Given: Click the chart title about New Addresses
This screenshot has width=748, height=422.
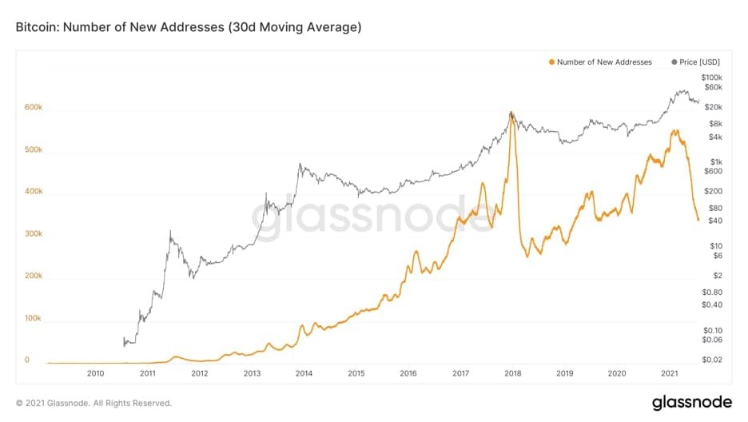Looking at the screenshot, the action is coord(189,27).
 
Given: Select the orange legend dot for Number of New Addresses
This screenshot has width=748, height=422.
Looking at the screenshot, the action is coord(552,62).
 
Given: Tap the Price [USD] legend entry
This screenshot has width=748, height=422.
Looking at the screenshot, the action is coord(695,62).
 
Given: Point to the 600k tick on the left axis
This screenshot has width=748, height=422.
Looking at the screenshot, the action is coord(34,107).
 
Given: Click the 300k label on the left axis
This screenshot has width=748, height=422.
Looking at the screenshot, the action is coord(34,233).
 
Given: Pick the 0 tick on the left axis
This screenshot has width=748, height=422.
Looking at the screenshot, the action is coord(27,360).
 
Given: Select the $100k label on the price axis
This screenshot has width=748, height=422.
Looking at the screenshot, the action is coord(712,78).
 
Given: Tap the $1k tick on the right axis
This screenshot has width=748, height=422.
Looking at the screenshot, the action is coord(716,162).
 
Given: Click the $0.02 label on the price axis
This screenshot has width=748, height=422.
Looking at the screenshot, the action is coord(712,360).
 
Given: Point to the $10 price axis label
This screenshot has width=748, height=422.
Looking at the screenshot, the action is coord(716,246).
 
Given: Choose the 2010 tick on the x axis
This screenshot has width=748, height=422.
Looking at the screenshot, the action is coord(95,373).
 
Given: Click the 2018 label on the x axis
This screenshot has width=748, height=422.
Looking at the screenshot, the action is coord(513,373).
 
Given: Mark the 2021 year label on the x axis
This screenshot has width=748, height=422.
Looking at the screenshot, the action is coord(670,373).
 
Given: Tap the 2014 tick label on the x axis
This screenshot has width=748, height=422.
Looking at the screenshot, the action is coord(304,373).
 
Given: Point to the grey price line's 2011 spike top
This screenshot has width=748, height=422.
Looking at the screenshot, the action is coord(170,232).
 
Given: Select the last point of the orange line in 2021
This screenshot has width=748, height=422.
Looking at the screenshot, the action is coord(698,220).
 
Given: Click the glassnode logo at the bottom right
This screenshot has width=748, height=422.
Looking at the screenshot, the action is coord(692,402).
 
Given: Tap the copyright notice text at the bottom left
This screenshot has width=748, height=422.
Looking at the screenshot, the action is coord(93,404).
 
